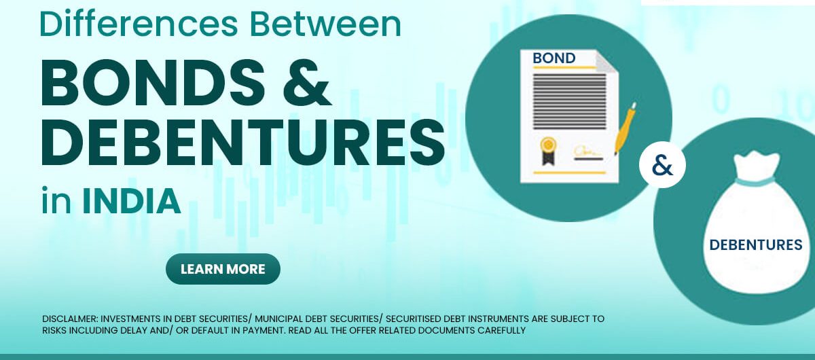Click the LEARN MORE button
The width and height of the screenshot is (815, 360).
(x=223, y=269)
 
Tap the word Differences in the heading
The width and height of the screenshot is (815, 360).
(x=139, y=24)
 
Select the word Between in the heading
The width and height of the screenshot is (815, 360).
(x=326, y=24)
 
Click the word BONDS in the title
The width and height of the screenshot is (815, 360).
(x=153, y=83)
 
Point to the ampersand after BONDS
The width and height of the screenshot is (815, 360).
(x=307, y=83)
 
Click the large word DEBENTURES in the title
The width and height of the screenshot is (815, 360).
(x=243, y=143)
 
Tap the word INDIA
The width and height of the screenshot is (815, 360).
(x=131, y=201)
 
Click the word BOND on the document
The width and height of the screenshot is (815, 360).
(x=554, y=58)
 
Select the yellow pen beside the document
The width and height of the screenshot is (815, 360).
(x=625, y=128)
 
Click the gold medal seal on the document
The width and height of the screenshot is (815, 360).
(x=547, y=151)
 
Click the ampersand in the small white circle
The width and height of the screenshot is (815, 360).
(x=663, y=166)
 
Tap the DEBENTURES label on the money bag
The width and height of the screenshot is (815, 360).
(x=756, y=245)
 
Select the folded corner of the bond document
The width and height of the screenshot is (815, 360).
(x=606, y=61)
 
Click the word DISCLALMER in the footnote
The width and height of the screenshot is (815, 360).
(x=70, y=319)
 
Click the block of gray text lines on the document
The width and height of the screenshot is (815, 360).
(x=569, y=102)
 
